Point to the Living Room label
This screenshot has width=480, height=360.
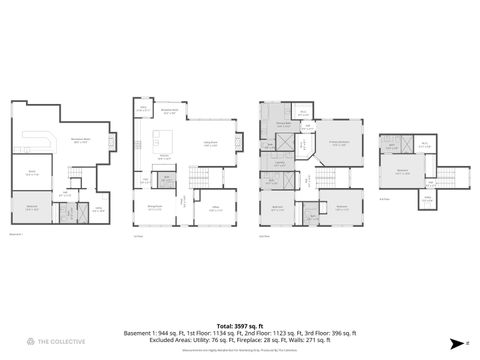[211, 144]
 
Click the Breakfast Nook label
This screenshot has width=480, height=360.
[170, 113]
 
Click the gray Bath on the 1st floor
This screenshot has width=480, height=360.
[167, 180]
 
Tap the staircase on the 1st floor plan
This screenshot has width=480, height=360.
[202, 178]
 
